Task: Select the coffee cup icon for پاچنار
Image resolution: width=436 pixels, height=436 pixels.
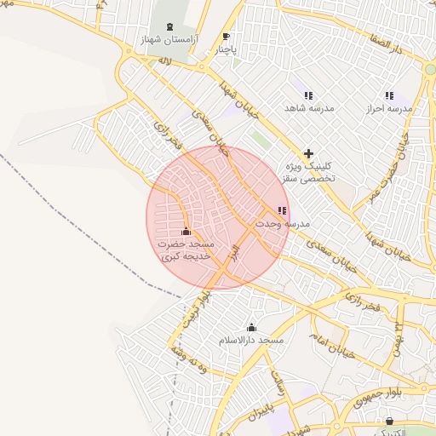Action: click(226, 37)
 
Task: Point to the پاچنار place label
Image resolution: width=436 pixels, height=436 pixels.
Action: click(226, 49)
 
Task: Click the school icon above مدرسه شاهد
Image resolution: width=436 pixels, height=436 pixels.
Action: click(307, 95)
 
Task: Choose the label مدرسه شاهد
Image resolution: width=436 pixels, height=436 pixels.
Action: click(307, 109)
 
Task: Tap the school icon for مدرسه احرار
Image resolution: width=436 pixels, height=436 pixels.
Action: click(389, 95)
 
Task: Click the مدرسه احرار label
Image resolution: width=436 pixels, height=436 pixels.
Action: click(389, 109)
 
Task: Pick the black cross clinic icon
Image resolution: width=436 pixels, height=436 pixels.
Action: click(308, 152)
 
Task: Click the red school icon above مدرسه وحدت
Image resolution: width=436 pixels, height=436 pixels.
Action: click(282, 210)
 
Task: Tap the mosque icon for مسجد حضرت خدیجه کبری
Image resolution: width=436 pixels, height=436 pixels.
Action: click(186, 232)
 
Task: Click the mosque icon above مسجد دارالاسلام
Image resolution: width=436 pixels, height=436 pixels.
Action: click(251, 327)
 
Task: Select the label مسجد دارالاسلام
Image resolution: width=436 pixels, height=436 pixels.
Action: click(251, 341)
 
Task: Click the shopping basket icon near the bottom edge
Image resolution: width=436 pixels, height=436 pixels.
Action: click(389, 421)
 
